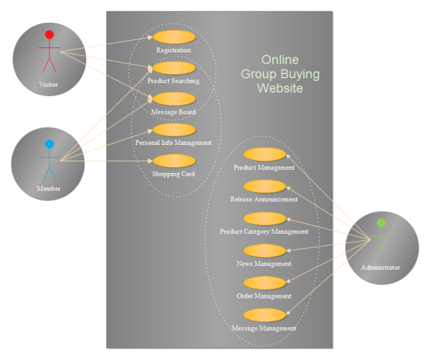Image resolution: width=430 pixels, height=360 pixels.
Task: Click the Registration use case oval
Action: pos(173,37)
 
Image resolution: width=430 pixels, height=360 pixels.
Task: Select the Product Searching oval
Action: pos(173,68)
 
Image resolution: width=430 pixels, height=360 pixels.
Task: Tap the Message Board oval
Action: pos(173,99)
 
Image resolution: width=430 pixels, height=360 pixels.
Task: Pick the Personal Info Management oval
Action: pos(173,130)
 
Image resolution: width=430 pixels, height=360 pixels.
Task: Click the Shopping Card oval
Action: pos(173,161)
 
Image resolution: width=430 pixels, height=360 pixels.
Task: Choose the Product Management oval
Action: pos(264,154)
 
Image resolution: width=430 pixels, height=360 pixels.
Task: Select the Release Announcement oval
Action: pos(264,186)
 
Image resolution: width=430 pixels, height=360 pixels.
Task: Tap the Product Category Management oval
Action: pos(264,218)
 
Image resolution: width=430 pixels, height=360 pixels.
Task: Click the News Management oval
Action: pos(264,250)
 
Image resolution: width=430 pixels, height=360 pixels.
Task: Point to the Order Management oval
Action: pos(264,283)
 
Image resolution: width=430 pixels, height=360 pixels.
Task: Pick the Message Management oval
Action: pos(264,315)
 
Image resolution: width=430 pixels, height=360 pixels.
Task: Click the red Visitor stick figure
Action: pos(49,52)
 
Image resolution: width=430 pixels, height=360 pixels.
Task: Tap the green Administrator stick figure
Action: pos(381,241)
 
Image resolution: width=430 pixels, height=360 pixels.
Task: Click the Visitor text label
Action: pos(49,85)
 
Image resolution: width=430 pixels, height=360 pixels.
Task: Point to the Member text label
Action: pos(49,189)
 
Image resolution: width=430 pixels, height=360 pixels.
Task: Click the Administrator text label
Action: pos(381,267)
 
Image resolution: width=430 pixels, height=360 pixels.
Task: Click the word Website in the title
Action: pos(280,88)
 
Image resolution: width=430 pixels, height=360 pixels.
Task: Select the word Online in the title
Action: pos(279,60)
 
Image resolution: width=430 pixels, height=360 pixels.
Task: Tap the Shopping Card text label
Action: pos(173,174)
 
